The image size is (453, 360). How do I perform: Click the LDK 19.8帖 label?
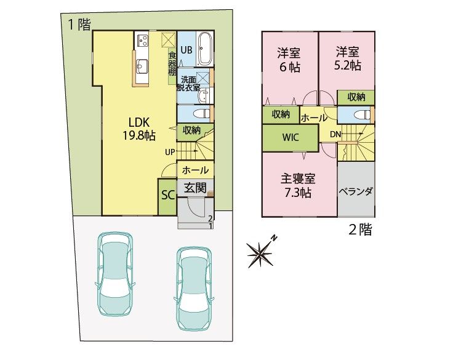click(139, 129)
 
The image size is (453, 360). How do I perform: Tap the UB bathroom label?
click(186, 50)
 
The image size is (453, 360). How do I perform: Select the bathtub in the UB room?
click(205, 49)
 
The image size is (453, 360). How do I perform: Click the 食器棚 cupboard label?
click(172, 64)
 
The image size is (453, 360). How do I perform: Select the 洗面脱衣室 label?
click(188, 84)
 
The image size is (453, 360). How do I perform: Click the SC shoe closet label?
click(168, 195)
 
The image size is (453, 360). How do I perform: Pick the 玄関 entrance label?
click(195, 188)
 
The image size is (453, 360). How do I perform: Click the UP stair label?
click(170, 152)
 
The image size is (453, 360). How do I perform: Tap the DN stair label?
click(335, 134)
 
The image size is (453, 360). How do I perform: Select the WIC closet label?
click(291, 137)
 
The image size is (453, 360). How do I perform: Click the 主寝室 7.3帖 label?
click(298, 185)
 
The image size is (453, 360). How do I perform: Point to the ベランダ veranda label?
click(356, 191)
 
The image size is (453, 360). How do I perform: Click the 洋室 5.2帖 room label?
click(348, 59)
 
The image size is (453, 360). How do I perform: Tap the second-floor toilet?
click(361, 114)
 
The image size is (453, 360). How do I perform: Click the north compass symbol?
click(261, 252)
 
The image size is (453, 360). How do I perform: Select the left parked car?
click(115, 274)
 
